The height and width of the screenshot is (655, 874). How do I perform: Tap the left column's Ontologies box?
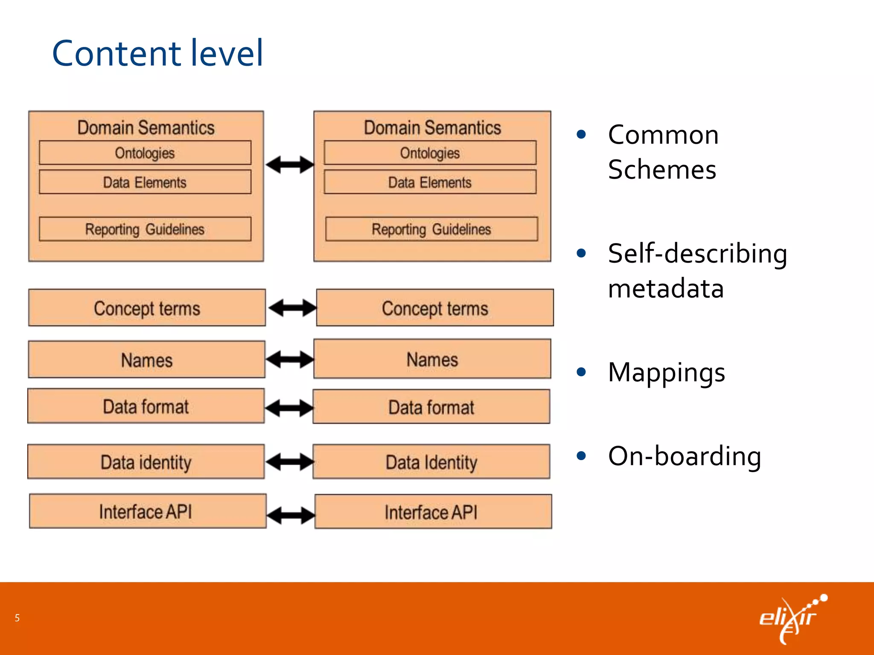(145, 153)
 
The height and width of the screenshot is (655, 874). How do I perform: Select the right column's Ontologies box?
(430, 153)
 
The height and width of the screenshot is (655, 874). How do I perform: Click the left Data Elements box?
(145, 182)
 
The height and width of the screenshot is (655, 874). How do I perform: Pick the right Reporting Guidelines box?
(431, 229)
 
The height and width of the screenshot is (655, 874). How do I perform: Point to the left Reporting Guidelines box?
(145, 229)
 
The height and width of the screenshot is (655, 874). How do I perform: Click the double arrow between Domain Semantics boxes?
(290, 165)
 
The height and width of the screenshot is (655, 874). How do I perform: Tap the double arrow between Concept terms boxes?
(292, 308)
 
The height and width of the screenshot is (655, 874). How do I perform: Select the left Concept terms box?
(147, 308)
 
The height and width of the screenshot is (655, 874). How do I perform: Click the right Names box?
(432, 359)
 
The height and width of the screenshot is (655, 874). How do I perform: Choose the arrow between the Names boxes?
(290, 359)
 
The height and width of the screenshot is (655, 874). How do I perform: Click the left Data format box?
(146, 406)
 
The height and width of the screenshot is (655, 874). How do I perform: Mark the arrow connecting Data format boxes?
(289, 408)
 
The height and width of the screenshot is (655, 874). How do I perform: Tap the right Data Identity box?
(431, 462)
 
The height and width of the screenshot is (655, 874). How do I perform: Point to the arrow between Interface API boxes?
(291, 515)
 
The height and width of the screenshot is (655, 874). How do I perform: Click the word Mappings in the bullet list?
(666, 372)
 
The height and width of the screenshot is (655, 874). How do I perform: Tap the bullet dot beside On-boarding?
(581, 456)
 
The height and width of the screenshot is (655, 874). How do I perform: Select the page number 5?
(17, 618)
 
